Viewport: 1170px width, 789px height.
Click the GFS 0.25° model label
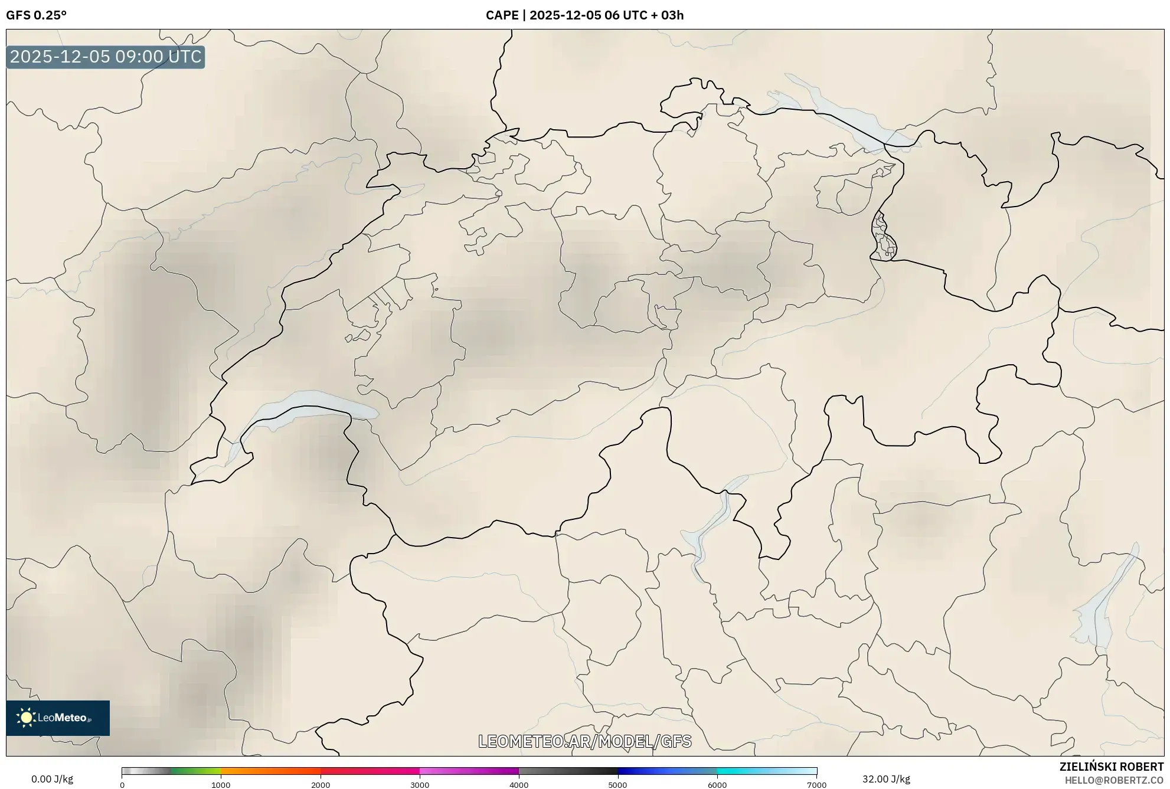(x=36, y=15)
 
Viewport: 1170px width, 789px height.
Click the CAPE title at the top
(x=584, y=15)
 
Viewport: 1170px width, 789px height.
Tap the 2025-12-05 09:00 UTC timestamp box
(x=106, y=57)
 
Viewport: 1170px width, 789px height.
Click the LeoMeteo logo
(x=58, y=718)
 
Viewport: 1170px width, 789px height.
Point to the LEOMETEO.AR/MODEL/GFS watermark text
(x=584, y=741)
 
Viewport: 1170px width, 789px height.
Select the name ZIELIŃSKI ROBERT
(x=1111, y=767)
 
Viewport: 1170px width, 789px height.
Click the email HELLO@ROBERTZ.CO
(x=1114, y=780)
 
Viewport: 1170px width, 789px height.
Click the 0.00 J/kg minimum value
(x=52, y=779)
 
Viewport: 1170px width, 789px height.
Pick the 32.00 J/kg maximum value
(x=885, y=779)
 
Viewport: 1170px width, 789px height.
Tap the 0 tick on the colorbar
(x=122, y=785)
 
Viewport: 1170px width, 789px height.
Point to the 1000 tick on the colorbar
(x=221, y=785)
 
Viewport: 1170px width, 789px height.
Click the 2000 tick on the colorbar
(x=321, y=785)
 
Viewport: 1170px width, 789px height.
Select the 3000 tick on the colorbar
(x=420, y=785)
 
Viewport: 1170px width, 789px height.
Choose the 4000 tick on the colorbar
(x=519, y=785)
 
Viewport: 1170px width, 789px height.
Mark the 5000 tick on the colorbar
(x=617, y=785)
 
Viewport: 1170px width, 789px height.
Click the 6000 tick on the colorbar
(x=717, y=785)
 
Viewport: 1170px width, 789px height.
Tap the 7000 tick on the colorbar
(x=816, y=785)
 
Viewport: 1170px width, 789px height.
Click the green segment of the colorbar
(x=195, y=771)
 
